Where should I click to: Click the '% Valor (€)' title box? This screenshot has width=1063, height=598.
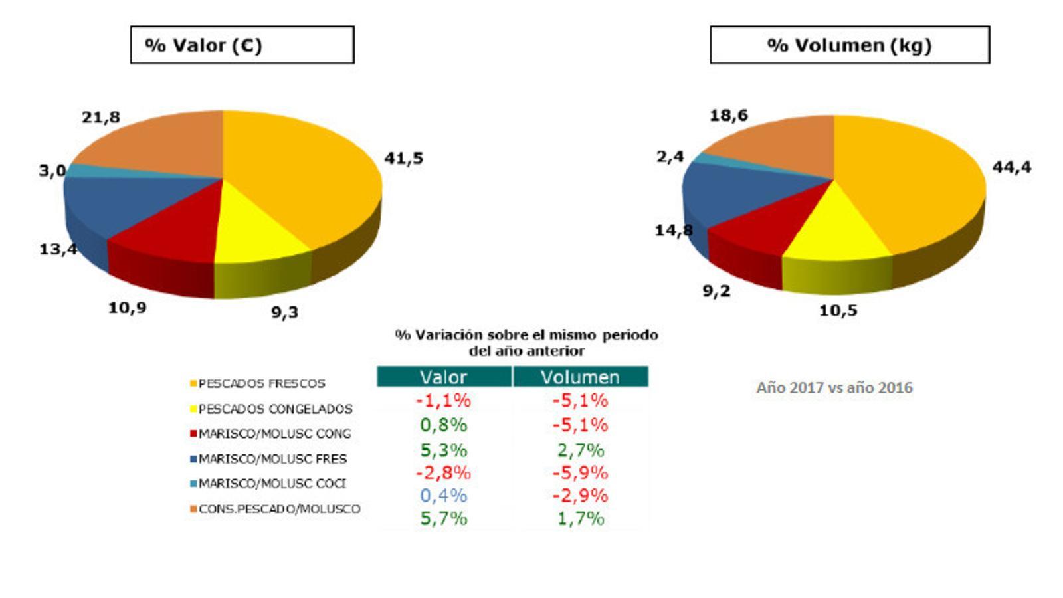pyautogui.click(x=242, y=45)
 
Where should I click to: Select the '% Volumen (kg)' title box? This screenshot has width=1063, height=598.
pyautogui.click(x=849, y=45)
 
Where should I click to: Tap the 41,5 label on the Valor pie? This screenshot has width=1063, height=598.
pyautogui.click(x=403, y=159)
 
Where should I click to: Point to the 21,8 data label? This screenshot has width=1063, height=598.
pyautogui.click(x=101, y=118)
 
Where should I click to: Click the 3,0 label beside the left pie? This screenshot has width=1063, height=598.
pyautogui.click(x=52, y=171)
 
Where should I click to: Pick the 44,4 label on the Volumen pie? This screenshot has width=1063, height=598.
pyautogui.click(x=1011, y=167)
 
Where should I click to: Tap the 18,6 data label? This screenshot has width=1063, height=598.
pyautogui.click(x=729, y=116)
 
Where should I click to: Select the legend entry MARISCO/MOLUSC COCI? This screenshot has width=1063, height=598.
pyautogui.click(x=272, y=484)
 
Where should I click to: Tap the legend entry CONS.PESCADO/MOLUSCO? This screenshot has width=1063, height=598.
pyautogui.click(x=279, y=509)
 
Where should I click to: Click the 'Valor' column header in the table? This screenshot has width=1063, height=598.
pyautogui.click(x=443, y=377)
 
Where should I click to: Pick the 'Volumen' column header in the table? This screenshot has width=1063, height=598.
pyautogui.click(x=580, y=377)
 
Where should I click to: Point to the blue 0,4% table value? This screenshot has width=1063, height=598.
pyautogui.click(x=443, y=496)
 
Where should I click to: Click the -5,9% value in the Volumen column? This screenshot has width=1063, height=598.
pyautogui.click(x=580, y=473)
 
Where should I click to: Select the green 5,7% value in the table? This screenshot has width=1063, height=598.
pyautogui.click(x=443, y=518)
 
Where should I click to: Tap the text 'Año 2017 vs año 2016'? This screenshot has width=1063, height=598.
pyautogui.click(x=834, y=388)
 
